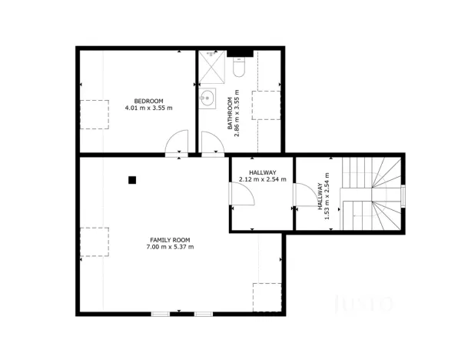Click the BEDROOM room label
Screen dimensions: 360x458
(x=148, y=101)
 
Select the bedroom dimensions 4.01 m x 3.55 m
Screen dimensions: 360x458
(x=148, y=108)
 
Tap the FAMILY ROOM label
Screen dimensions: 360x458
(x=171, y=240)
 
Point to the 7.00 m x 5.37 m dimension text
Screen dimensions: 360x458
(x=171, y=248)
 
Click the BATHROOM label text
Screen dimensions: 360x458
(x=229, y=115)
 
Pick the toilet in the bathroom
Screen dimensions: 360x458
(x=237, y=70)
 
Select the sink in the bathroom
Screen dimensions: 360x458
(x=207, y=98)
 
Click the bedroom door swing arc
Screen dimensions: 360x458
(x=177, y=142)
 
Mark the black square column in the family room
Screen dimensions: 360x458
(x=132, y=180)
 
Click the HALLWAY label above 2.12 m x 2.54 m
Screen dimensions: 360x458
(x=262, y=172)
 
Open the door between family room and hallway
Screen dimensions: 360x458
(x=242, y=194)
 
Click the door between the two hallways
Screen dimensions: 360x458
(x=307, y=195)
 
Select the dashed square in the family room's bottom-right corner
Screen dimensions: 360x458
(x=267, y=297)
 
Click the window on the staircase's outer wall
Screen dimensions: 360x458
(x=402, y=195)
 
